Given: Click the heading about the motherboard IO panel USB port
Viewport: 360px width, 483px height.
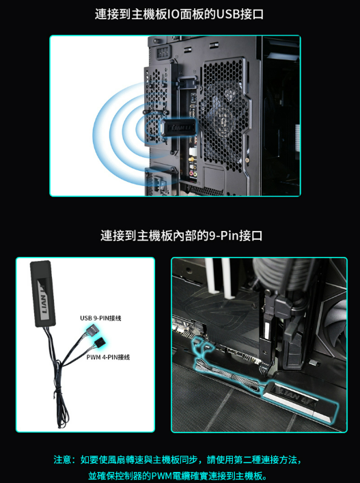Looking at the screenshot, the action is click(179, 14).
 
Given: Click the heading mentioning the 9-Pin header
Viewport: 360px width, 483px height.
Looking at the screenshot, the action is click(182, 236).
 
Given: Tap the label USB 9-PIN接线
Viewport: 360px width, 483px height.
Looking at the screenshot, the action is click(100, 318).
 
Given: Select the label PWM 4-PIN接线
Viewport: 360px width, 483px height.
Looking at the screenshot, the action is click(108, 357).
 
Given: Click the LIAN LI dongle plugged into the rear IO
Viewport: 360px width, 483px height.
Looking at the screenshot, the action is click(178, 127).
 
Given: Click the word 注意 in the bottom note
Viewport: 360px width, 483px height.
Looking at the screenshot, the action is click(63, 460).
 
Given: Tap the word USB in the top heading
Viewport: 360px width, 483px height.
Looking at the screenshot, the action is click(228, 14).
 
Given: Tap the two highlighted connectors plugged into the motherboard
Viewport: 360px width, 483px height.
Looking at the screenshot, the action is click(202, 345).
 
